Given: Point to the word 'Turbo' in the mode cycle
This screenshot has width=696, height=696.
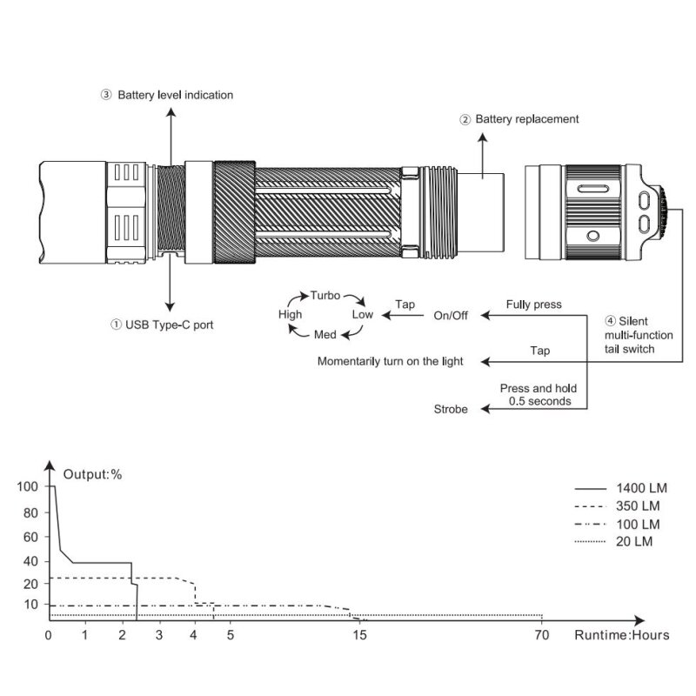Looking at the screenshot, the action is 325,296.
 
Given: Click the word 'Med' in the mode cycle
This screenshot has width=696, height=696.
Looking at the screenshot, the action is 325,334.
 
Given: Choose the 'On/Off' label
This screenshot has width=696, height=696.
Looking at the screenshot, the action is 451,316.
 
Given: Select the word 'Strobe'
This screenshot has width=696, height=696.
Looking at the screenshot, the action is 451,409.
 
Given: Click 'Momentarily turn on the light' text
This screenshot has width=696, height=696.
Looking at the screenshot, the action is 390,361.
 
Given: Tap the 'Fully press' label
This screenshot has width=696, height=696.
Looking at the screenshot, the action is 533,304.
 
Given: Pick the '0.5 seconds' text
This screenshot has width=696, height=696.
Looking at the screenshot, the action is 539,401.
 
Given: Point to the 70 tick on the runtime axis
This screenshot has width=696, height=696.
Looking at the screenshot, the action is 542,635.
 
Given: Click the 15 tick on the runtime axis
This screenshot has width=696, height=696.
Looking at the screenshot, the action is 360,635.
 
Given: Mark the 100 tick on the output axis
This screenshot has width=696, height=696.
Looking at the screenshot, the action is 28,486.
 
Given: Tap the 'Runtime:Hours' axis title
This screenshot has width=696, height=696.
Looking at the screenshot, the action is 622,635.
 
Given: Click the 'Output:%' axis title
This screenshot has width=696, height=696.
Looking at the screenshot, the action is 92,474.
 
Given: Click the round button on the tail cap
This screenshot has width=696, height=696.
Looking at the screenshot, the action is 593,236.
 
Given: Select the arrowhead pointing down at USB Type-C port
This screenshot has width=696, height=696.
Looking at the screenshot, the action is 170,307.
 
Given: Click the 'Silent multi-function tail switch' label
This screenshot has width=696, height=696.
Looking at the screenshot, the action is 639,335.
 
